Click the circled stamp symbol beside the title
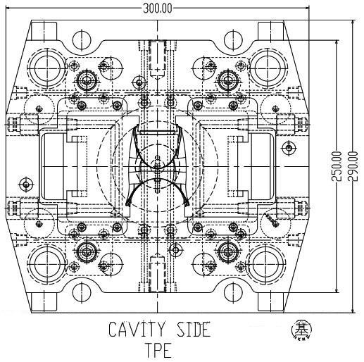point(300,330)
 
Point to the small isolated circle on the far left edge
point(26,185)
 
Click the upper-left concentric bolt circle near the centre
point(89,78)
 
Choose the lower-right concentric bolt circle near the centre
point(227,252)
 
